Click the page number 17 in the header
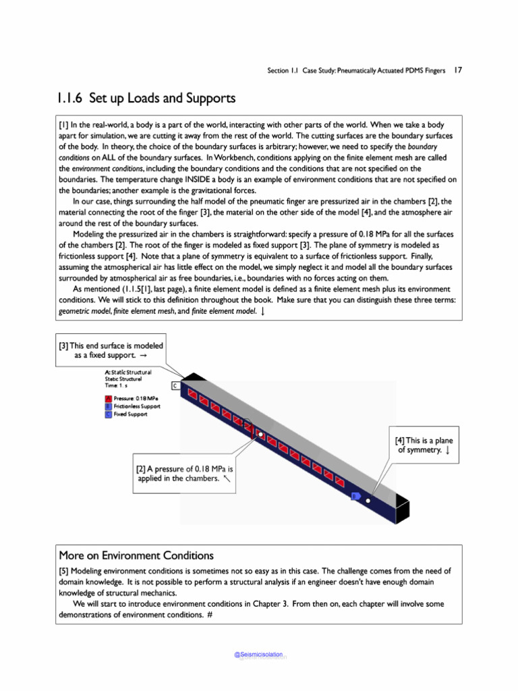coord(457,70)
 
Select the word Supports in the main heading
coord(210,99)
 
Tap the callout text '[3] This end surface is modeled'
coord(111,346)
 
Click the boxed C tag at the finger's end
coord(174,386)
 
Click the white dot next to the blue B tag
coord(368,501)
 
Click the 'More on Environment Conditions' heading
coord(136,556)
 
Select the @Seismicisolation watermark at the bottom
coord(258,655)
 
